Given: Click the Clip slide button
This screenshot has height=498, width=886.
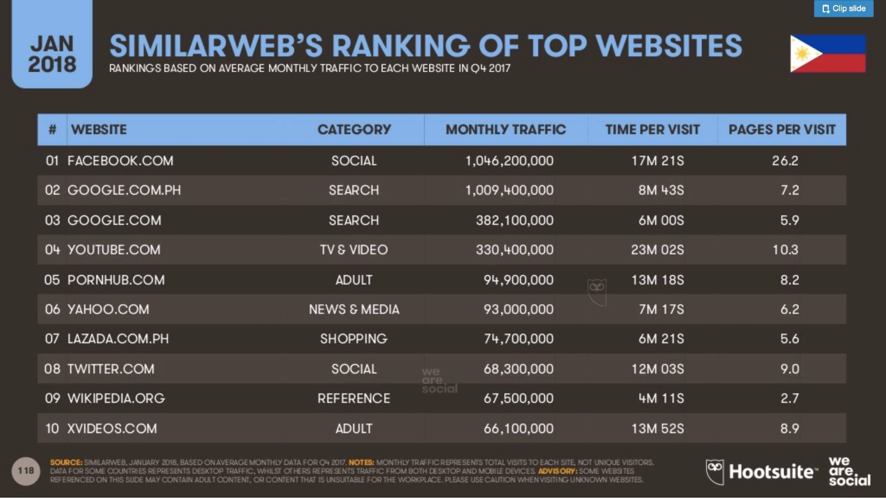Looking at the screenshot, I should coord(843,8).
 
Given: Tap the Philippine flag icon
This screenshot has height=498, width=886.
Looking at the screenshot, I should coord(827,54).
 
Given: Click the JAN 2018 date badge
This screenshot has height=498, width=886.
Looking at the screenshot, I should coord(52,54).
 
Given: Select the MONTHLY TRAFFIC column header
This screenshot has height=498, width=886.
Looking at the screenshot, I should coord(506,129).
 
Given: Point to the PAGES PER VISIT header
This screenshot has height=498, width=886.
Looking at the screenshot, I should coord(782,129).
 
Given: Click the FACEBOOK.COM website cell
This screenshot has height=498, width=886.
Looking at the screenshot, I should coord(120,161).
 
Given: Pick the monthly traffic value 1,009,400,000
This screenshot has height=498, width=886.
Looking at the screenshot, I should coord(509,190).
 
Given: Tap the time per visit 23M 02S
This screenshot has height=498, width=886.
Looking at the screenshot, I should coord(657,250).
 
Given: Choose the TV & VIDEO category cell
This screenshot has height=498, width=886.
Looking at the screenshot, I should coord(354,250).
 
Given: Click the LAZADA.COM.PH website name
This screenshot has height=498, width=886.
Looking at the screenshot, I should coord(118,339).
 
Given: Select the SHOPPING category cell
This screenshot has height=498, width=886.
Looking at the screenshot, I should coord(354,339).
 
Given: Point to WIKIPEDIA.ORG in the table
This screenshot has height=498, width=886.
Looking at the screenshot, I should coord(116,398).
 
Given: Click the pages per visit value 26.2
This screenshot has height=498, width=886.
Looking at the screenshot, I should coord(785,161).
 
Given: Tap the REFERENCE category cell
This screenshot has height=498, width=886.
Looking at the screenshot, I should coord(354,398).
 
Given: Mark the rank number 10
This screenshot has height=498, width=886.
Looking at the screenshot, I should coord(52,429).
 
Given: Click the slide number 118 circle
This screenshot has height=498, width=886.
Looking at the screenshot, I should coord(26,471).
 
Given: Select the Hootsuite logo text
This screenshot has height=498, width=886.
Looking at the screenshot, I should coord(771,472).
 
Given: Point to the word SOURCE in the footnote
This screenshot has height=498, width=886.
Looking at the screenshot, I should coord(66,463).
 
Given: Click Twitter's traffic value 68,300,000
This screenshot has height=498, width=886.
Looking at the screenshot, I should coord(518,369).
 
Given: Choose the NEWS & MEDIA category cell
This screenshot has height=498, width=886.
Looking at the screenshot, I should coord(354,309).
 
